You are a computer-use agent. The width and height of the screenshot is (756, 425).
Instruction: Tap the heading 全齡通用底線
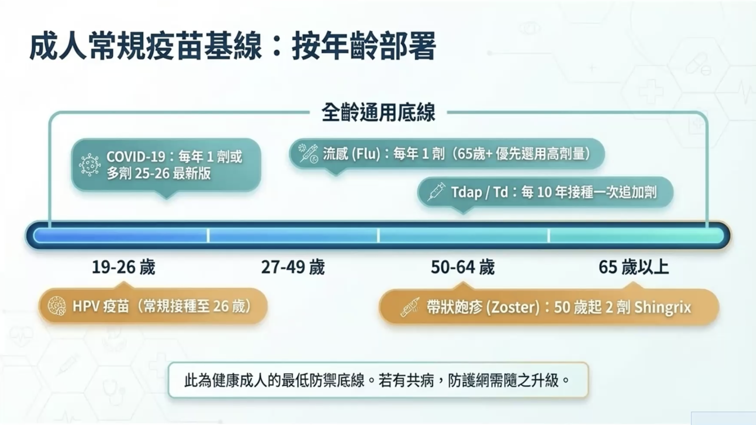tap(378, 112)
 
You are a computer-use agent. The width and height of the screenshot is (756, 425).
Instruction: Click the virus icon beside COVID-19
tap(90, 165)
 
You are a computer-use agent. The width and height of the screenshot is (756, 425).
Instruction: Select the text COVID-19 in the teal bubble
tap(136, 157)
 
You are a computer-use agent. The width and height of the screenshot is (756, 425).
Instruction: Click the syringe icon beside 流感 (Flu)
tap(309, 153)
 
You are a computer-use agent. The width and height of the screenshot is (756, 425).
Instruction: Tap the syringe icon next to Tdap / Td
tap(436, 191)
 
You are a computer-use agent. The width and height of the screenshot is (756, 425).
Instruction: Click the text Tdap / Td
tap(479, 192)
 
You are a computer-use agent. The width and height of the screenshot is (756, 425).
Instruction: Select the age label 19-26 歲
tap(123, 267)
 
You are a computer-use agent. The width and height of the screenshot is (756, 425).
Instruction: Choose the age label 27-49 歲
tap(293, 267)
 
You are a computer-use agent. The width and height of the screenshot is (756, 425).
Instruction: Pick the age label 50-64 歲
tap(463, 267)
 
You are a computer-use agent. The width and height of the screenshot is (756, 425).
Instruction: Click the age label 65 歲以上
tap(634, 267)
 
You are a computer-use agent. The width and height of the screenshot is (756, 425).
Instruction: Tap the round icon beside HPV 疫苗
tap(57, 306)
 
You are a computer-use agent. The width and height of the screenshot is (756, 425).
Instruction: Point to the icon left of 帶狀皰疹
tap(410, 307)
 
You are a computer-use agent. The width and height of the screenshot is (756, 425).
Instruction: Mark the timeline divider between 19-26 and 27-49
tap(208, 235)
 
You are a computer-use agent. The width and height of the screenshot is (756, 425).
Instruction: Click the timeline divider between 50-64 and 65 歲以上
tap(548, 235)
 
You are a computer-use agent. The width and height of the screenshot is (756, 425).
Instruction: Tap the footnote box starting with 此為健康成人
tap(378, 380)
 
